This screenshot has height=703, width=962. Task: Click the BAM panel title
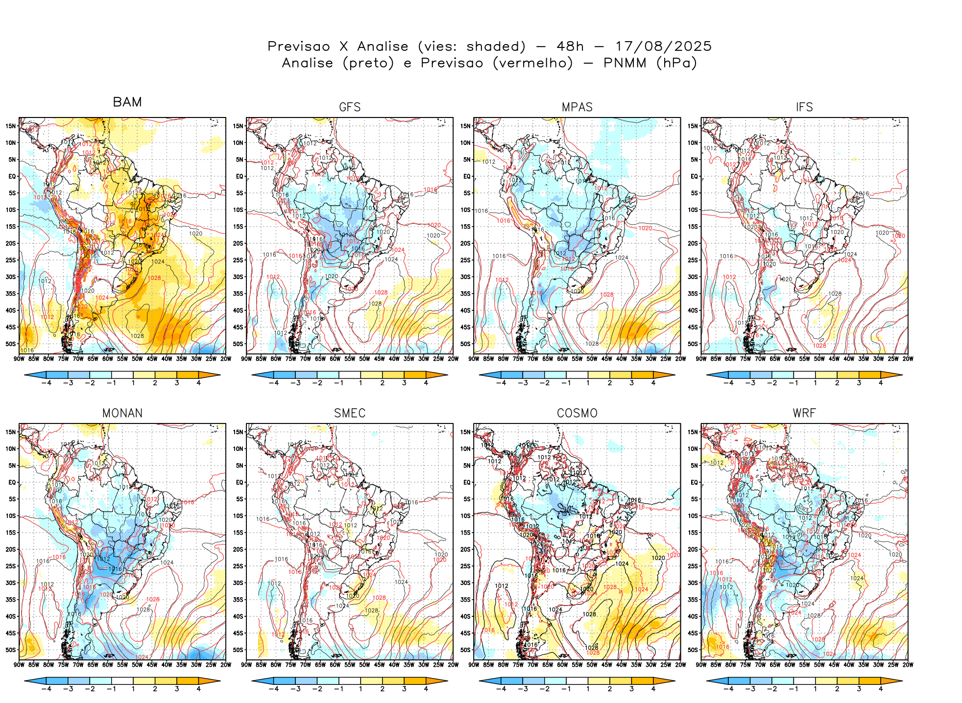coord(127,102)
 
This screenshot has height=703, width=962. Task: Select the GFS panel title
coord(350,107)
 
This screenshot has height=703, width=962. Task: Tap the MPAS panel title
coord(577,107)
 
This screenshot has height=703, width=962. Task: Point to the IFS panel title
coord(804,107)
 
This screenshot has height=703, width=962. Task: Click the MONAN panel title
coord(122,413)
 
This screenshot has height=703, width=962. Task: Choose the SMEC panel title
coord(350,413)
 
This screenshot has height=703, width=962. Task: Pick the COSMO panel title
coord(577,413)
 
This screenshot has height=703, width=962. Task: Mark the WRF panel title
coord(804,413)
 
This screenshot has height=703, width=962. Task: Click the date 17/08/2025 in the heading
coord(663,47)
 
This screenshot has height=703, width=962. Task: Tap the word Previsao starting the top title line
coord(299,47)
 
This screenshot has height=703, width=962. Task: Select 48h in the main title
coord(570,47)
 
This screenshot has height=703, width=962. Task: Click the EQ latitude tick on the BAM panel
coord(12,176)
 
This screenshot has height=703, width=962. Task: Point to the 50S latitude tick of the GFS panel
coord(238,344)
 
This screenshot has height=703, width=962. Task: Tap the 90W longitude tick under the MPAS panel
coord(474,359)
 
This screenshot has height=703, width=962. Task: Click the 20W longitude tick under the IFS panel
coord(908,359)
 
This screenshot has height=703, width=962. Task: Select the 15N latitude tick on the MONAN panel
coord(11,432)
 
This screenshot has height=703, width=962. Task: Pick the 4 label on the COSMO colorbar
coord(653,689)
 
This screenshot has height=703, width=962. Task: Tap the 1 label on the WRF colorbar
coord(816,689)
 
